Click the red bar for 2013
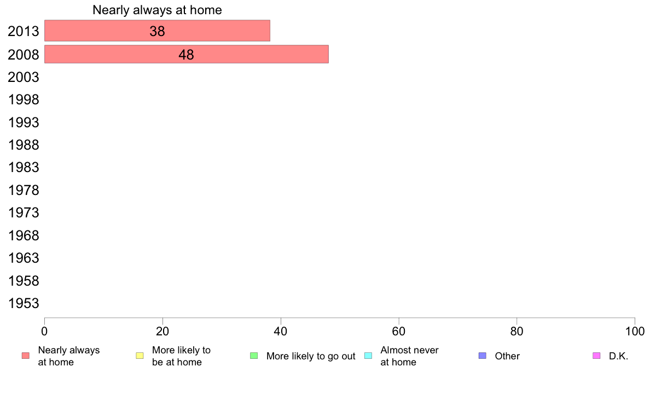coord(157,31)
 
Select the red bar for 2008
coord(187,54)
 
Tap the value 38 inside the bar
coord(157,31)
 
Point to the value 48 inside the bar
coord(186,55)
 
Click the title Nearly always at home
coord(157,10)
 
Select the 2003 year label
coord(23,77)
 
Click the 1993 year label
coord(23,122)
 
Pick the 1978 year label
coord(23,191)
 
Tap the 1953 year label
coord(23,304)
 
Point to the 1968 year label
coord(23,235)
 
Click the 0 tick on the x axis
coord(44,331)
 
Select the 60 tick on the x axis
coord(399,331)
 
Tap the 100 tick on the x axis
coord(635,331)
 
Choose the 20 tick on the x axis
coord(162,331)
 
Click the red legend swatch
coord(26,356)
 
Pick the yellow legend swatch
coord(140,356)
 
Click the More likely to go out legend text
coord(311,356)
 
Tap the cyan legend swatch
coord(368,356)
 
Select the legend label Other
coord(507,356)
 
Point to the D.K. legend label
coord(618,356)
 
